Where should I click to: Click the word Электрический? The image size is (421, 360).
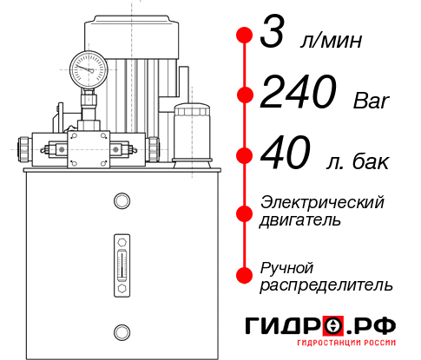pos(322,201)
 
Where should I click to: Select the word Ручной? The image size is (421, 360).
pos(286,265)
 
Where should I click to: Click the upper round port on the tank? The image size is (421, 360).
pos(121,202)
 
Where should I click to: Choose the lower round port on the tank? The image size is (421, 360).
pos(121,331)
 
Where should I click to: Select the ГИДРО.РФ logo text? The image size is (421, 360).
pos(320,326)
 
